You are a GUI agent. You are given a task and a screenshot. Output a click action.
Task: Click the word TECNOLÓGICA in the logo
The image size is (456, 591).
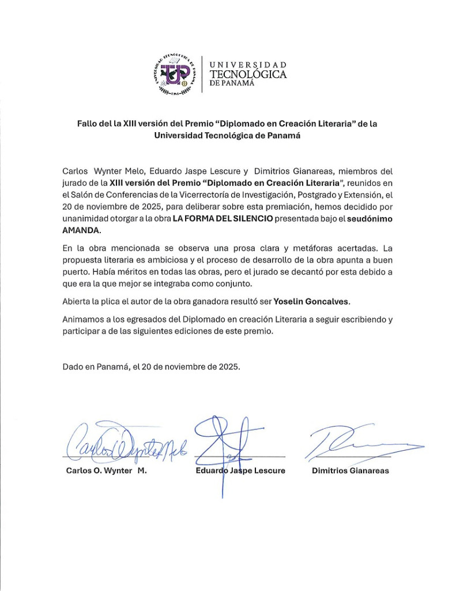tap(248, 74)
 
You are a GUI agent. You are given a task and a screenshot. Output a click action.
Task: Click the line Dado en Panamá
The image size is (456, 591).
tap(151, 366)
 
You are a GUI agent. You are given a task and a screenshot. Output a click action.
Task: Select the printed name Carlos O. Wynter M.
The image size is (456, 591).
tap(107, 470)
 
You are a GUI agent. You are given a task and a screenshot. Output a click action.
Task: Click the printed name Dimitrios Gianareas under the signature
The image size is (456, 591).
tap(350, 470)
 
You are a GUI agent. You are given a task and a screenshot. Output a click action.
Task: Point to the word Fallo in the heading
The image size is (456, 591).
tap(89, 124)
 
